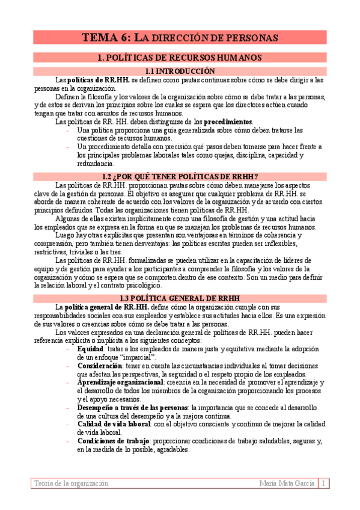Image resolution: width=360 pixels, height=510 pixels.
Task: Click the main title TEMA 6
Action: click(x=180, y=37)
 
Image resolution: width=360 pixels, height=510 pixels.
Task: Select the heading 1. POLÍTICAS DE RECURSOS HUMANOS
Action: click(x=180, y=58)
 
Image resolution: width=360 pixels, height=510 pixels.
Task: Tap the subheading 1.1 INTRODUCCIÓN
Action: click(x=180, y=71)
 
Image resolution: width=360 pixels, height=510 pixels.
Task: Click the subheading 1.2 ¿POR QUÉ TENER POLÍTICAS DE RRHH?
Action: click(x=180, y=176)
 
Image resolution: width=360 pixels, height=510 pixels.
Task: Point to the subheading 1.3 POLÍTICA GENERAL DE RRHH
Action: click(x=180, y=298)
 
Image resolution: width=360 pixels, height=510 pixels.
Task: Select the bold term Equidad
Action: click(x=90, y=348)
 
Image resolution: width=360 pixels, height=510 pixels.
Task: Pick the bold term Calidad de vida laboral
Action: click(x=112, y=424)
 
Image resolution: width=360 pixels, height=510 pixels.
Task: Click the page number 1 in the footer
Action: click(x=323, y=483)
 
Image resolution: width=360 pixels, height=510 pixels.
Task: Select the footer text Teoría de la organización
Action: click(x=72, y=483)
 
